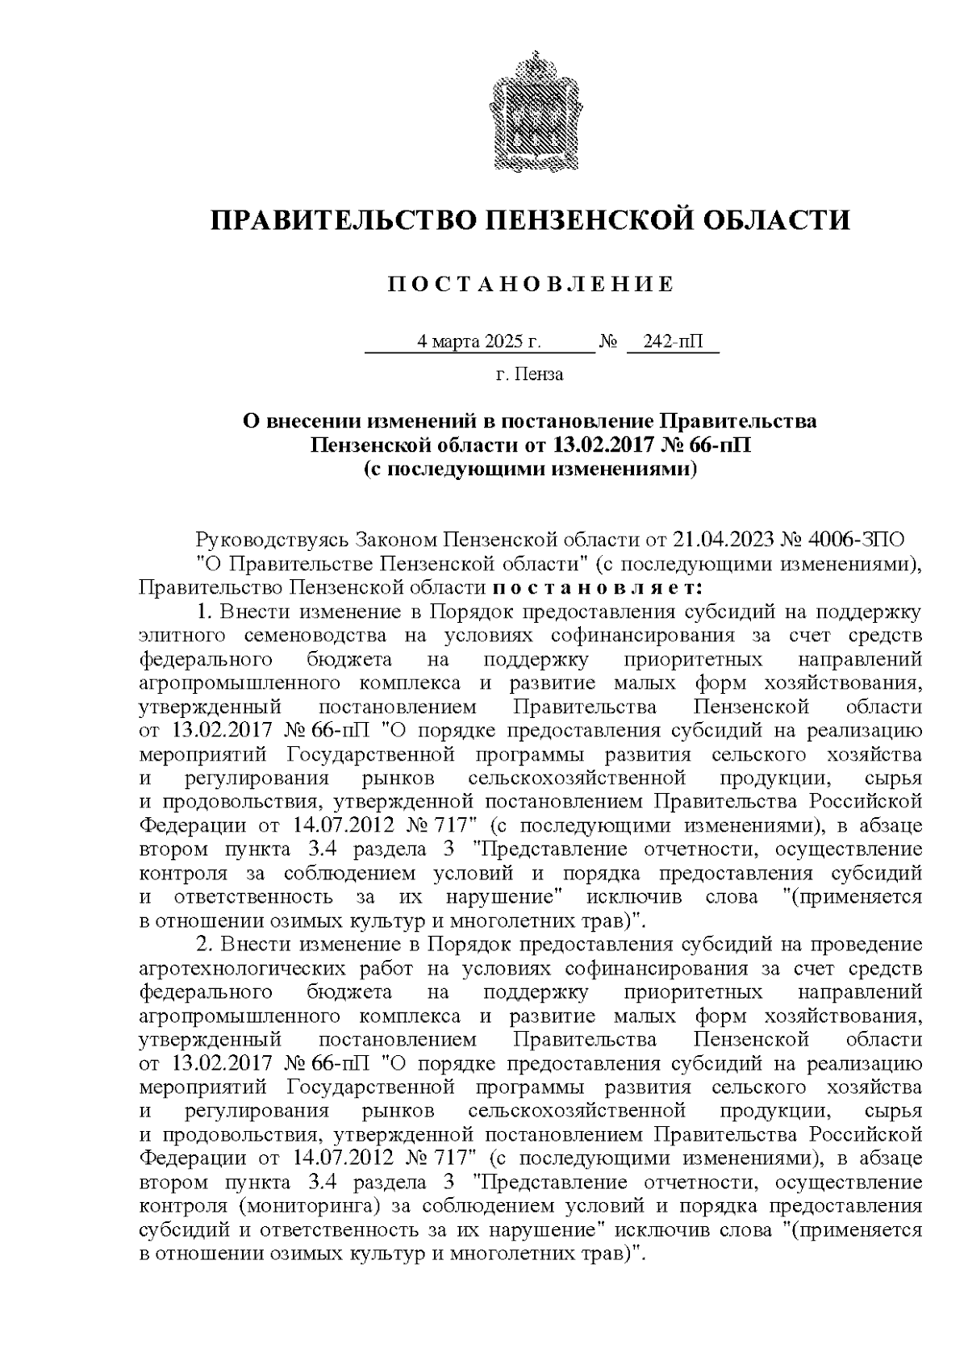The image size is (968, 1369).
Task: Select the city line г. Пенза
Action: pyautogui.click(x=529, y=374)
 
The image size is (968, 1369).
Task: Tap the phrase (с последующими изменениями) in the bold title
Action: pyautogui.click(x=530, y=469)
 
